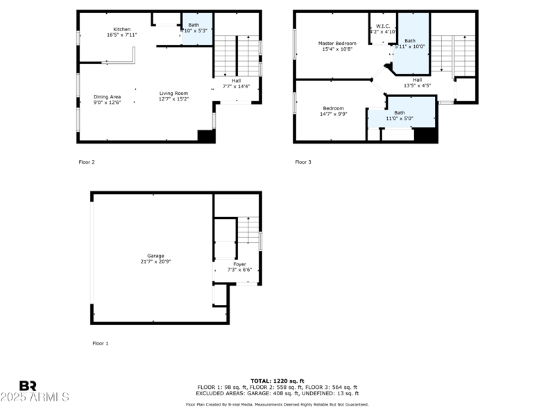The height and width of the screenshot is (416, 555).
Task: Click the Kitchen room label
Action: click(x=122, y=30)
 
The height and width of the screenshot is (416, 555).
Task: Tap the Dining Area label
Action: click(x=108, y=96)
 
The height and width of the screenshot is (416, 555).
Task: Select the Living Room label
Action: click(x=173, y=94)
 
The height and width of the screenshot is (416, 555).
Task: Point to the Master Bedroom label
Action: click(x=336, y=44)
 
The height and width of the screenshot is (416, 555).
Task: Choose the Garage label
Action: click(x=156, y=256)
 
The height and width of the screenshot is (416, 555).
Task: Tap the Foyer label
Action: click(x=239, y=264)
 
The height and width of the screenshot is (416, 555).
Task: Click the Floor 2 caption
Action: click(x=87, y=162)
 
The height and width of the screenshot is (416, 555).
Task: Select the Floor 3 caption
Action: click(x=303, y=162)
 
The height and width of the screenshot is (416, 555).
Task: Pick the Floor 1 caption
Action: click(x=101, y=343)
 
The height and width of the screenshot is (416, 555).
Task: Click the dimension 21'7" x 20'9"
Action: click(x=156, y=261)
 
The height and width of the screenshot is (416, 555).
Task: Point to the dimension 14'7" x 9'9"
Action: click(x=334, y=114)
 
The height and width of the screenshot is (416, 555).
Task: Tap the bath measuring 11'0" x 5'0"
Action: click(x=400, y=115)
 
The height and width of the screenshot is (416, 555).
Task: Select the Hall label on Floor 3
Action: click(x=417, y=80)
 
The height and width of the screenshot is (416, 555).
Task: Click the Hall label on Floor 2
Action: click(x=236, y=80)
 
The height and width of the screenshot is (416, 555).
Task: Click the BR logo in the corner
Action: click(x=28, y=385)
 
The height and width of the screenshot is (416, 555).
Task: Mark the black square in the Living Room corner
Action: click(x=206, y=136)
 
